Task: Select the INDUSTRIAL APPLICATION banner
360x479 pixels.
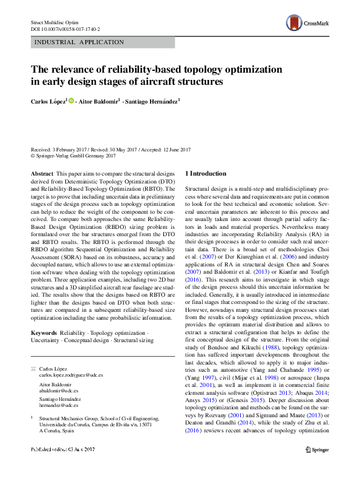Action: tap(80, 42)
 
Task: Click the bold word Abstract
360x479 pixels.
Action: tap(42, 173)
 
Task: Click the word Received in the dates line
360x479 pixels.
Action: tap(41, 148)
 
